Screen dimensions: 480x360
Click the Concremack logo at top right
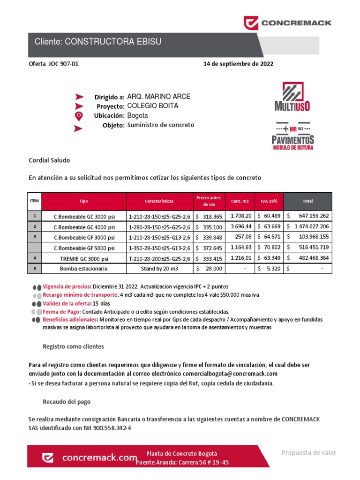click(287, 22)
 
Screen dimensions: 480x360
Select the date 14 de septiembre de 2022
click(238, 64)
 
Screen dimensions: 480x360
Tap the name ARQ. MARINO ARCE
click(159, 97)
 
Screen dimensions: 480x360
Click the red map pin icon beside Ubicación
click(79, 115)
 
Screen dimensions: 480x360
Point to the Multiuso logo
click(292, 97)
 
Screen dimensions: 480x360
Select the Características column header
click(159, 201)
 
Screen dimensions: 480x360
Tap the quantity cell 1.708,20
click(241, 216)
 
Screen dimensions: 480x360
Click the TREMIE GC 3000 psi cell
click(84, 258)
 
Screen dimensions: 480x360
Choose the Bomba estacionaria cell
click(84, 269)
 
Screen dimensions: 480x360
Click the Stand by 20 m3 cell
click(159, 269)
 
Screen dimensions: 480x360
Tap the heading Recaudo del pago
click(67, 402)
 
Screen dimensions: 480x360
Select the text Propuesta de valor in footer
click(308, 452)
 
